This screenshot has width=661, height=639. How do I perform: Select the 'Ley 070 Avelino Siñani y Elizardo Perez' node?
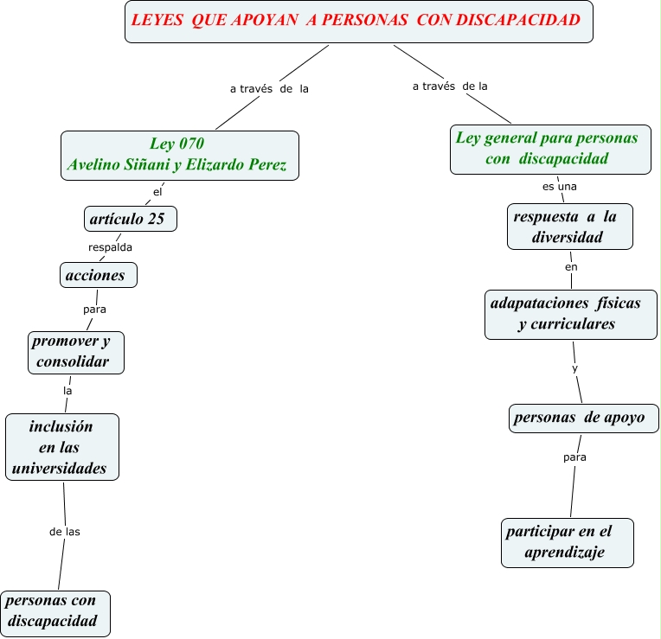pos(180,155)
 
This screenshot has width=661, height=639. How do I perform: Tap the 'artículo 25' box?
pos(130,219)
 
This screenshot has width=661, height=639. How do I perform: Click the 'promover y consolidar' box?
pos(75,351)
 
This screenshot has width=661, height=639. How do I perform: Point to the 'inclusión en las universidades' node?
pos(61,446)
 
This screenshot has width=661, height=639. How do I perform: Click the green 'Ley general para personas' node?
pos(549,149)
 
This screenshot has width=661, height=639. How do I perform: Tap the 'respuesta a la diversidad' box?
pos(570,226)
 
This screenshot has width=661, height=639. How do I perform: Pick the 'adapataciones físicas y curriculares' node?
pos(570,314)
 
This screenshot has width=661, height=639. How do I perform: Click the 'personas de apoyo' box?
pos(583,418)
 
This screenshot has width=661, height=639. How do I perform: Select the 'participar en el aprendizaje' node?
pos(567,542)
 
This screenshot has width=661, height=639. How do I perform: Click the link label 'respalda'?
pos(110,246)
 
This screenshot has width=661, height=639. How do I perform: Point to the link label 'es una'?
pos(554,186)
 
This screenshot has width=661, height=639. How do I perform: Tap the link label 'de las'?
pos(65,531)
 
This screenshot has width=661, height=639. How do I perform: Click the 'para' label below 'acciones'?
pos(94,308)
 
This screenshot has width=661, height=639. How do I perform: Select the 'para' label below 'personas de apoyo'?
pos(574,457)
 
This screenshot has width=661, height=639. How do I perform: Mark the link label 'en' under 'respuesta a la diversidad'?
pos(571,267)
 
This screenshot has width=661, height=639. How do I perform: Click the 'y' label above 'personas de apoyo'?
pos(575,368)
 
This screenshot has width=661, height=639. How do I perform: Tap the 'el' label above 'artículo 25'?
pos(157,191)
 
